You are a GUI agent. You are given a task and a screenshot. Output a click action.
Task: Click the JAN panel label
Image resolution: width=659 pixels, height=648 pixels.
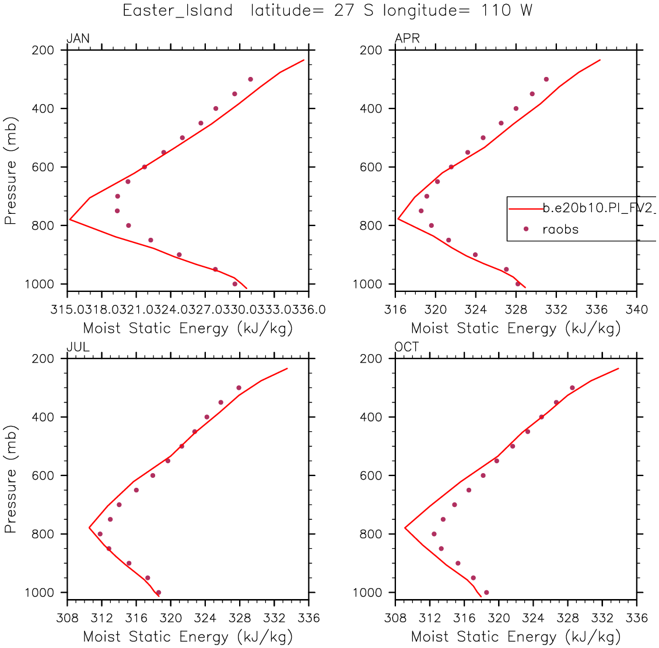click(x=78, y=39)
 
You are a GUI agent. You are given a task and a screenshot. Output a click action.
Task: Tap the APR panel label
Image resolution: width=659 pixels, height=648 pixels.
click(x=407, y=39)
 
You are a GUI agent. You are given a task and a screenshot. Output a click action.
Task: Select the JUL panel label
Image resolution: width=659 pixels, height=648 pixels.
click(x=78, y=347)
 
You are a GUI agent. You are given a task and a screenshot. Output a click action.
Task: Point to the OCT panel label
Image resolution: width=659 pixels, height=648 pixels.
click(x=407, y=347)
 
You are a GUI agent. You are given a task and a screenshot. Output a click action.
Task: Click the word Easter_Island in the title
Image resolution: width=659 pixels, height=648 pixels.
click(x=178, y=10)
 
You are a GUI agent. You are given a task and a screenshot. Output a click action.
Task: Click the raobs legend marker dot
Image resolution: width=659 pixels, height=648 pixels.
click(x=525, y=229)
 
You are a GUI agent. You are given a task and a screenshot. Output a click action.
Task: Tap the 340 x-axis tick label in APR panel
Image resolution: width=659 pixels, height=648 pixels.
click(x=636, y=309)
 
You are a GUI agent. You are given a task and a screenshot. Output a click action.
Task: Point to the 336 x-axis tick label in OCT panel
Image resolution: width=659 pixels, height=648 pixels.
click(x=636, y=617)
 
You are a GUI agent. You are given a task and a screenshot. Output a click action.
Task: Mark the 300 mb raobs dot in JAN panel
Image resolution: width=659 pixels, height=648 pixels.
click(x=250, y=79)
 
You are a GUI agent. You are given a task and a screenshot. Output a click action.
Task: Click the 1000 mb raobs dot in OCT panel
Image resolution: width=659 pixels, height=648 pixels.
click(x=486, y=593)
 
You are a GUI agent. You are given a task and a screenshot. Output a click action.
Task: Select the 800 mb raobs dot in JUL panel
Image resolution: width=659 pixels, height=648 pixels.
click(x=100, y=534)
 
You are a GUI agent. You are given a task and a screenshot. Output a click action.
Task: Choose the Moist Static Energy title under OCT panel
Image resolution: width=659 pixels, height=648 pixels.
click(x=516, y=636)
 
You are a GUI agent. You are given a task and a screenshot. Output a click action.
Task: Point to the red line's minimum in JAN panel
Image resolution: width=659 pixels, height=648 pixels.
click(x=70, y=220)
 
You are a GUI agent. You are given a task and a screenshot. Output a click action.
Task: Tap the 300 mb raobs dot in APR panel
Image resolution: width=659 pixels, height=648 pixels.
click(x=546, y=79)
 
